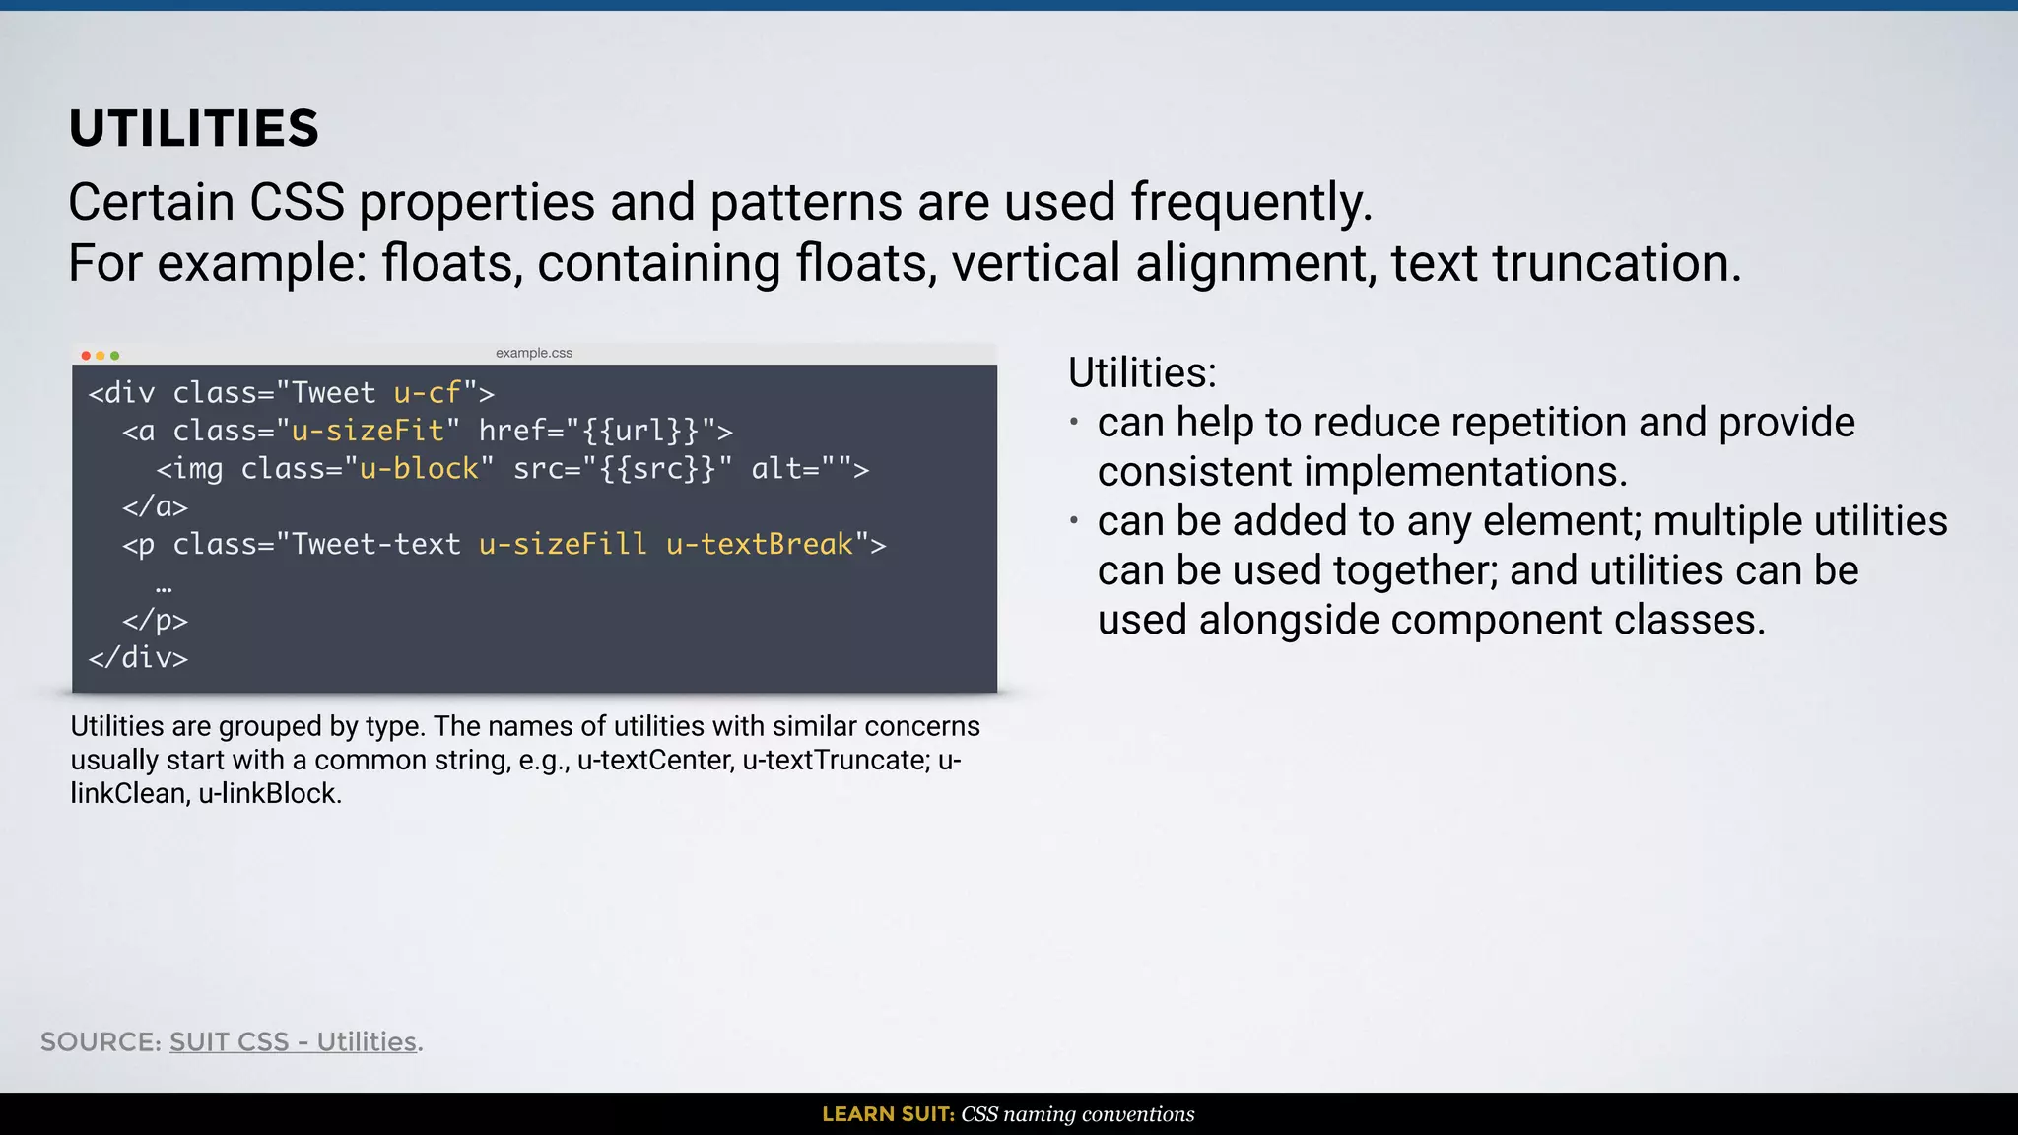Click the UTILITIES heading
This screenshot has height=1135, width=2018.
pyautogui.click(x=194, y=129)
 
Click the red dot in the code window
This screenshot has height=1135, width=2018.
pyautogui.click(x=86, y=355)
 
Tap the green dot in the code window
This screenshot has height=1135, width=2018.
pyautogui.click(x=115, y=355)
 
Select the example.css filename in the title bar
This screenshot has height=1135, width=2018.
pyautogui.click(x=533, y=353)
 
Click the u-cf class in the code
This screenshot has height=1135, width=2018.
pyautogui.click(x=428, y=393)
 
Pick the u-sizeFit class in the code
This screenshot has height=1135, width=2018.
pyautogui.click(x=368, y=431)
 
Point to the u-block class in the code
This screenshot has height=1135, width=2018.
pyautogui.click(x=419, y=468)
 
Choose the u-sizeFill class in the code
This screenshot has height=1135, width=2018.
pyautogui.click(x=563, y=544)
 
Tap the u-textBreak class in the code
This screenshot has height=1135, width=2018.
pyautogui.click(x=759, y=544)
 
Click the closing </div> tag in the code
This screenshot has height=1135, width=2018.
pyautogui.click(x=138, y=657)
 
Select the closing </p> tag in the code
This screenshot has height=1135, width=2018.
pyautogui.click(x=155, y=620)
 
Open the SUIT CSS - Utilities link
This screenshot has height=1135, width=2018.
pyautogui.click(x=293, y=1041)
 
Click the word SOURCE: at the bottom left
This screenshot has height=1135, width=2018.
pyautogui.click(x=101, y=1041)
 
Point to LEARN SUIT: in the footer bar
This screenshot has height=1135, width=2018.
pyautogui.click(x=888, y=1114)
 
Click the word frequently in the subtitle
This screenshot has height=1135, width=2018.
pyautogui.click(x=1250, y=203)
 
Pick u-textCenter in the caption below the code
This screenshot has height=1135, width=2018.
pyautogui.click(x=655, y=761)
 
